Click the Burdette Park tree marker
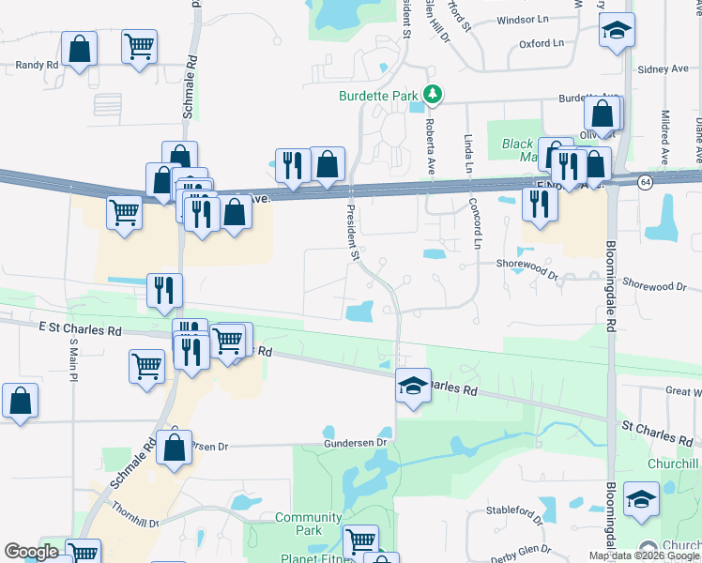click(433, 95)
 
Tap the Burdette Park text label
click(379, 96)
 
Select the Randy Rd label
click(37, 65)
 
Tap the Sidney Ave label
click(663, 69)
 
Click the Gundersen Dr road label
click(356, 442)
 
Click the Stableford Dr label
click(514, 513)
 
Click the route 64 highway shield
click(645, 181)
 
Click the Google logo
click(31, 552)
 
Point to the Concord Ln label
click(477, 228)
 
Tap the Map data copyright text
click(644, 555)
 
